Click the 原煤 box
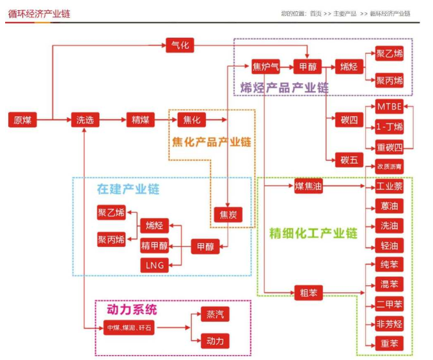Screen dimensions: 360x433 [x=22, y=120]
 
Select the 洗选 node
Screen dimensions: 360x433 [x=84, y=120]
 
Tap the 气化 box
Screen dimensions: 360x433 [x=180, y=45]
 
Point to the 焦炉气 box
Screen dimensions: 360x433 [x=265, y=67]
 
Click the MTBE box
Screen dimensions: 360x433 [x=390, y=107]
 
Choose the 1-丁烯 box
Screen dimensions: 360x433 [x=390, y=127]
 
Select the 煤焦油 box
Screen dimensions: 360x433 [x=308, y=187]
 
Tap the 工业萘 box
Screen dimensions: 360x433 [x=390, y=187]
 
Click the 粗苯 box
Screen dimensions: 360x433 [x=308, y=293]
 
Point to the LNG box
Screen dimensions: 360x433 [x=155, y=265]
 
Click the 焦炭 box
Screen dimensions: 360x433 [x=228, y=215]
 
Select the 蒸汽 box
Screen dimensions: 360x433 [x=215, y=315]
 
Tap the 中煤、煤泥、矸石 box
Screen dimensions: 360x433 [x=129, y=328]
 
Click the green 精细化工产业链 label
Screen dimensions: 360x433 [x=313, y=233]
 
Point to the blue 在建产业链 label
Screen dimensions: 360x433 [x=128, y=189]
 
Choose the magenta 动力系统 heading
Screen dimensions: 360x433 [x=132, y=310]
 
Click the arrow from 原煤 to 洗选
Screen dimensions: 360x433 [x=54, y=120]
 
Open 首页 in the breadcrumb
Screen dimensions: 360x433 [x=315, y=13]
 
